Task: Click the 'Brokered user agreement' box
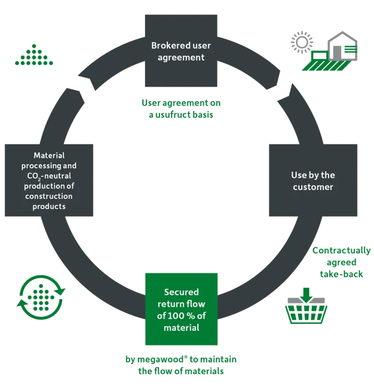[x=181, y=51]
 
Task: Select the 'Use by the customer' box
[x=313, y=180]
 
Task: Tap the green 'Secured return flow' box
[x=181, y=309]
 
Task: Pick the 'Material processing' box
[x=49, y=180]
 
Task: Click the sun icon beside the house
[x=302, y=42]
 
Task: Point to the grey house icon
[x=342, y=46]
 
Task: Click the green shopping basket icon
[x=306, y=311]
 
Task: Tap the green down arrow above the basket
[x=307, y=295]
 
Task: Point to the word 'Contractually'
[x=342, y=251]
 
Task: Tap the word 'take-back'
[x=341, y=274]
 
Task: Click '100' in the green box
[x=176, y=316]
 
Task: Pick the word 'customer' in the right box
[x=313, y=187]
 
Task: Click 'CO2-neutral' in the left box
[x=49, y=176]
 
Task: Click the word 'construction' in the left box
[x=49, y=196]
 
